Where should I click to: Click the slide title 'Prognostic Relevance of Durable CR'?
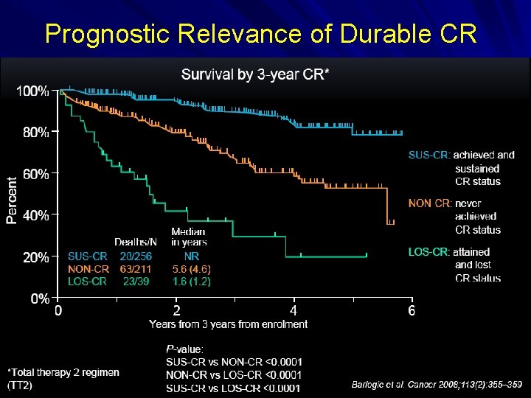(261, 34)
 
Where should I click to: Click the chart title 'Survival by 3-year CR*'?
(255, 74)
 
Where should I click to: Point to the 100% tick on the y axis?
(32, 91)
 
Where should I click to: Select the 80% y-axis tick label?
(35, 133)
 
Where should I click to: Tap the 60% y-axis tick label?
(35, 175)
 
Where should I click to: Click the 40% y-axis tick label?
(35, 216)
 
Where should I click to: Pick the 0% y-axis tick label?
(38, 299)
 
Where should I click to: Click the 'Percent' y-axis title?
(13, 200)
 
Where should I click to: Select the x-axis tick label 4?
(294, 311)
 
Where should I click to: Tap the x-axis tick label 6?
(412, 311)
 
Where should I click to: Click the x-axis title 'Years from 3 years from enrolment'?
(229, 324)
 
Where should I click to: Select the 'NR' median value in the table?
(191, 256)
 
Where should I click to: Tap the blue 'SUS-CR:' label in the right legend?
(428, 155)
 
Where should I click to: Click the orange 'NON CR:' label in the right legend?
(429, 203)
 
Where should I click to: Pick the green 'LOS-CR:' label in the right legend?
(428, 252)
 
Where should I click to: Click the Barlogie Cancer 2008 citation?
(437, 384)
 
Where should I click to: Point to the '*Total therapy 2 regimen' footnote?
(63, 372)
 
